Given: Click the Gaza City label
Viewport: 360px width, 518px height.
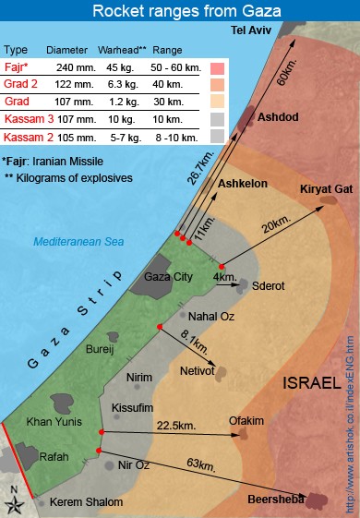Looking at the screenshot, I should pyautogui.click(x=169, y=276).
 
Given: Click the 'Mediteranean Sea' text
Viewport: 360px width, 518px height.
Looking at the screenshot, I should pyautogui.click(x=78, y=242).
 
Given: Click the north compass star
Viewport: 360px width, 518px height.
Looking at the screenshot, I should pyautogui.click(x=16, y=502).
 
